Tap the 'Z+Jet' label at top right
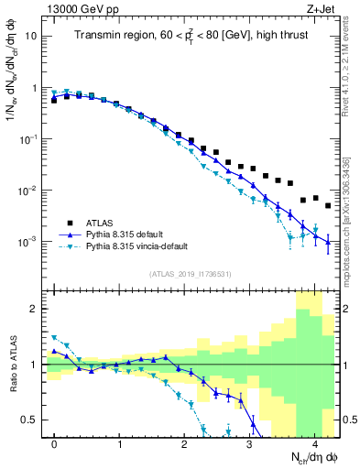tap(322, 8)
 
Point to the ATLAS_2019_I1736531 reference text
tap(191, 274)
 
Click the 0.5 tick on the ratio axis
tap(29, 420)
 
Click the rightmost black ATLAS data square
tap(328, 205)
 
